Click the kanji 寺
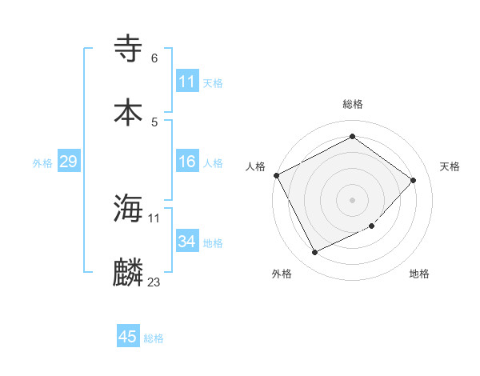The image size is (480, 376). pyautogui.click(x=129, y=50)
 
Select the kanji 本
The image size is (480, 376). pyautogui.click(x=129, y=111)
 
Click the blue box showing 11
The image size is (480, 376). pyautogui.click(x=186, y=82)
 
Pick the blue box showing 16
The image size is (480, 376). pyautogui.click(x=186, y=162)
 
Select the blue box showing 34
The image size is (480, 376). pyautogui.click(x=186, y=242)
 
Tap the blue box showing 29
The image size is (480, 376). pyautogui.click(x=68, y=162)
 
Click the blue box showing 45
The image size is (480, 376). pyautogui.click(x=127, y=337)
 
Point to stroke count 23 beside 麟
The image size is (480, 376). pyautogui.click(x=154, y=282)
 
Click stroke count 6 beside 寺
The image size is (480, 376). pyautogui.click(x=154, y=58)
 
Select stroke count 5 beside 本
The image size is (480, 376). pyautogui.click(x=154, y=122)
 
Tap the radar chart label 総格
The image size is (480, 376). pyautogui.click(x=352, y=104)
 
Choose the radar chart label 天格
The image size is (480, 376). pyautogui.click(x=450, y=166)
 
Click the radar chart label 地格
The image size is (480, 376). pyautogui.click(x=419, y=274)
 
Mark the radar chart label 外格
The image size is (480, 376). pyautogui.click(x=282, y=274)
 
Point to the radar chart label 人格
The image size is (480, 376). pyautogui.click(x=255, y=166)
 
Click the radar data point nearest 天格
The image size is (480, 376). pyautogui.click(x=413, y=180)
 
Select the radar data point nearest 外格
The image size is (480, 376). pyautogui.click(x=314, y=253)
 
